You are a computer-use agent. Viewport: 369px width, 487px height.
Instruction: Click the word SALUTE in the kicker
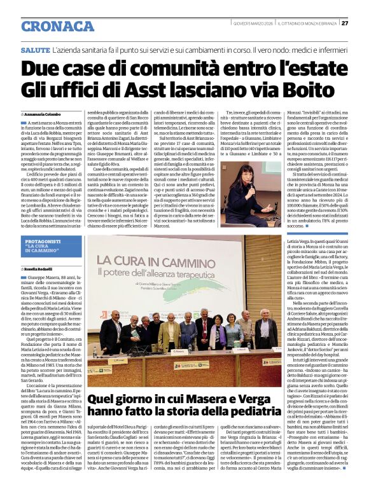(35, 49)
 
